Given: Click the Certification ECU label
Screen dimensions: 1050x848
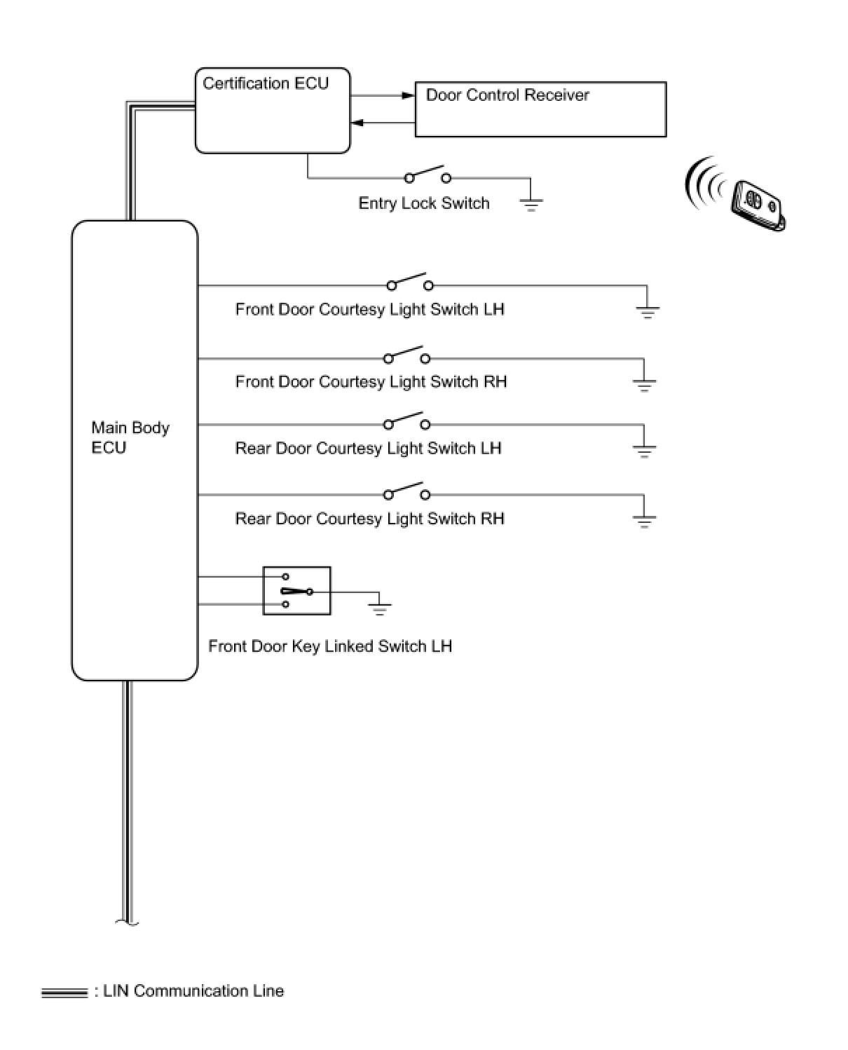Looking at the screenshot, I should (x=265, y=83).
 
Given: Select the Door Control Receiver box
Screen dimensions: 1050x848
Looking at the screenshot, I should (x=540, y=109).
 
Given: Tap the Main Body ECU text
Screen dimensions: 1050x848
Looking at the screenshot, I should (x=130, y=437).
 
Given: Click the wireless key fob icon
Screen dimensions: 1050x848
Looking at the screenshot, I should (x=756, y=203).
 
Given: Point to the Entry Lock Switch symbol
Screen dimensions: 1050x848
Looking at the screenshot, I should (x=428, y=175).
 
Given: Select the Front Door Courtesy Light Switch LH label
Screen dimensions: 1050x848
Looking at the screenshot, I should (x=369, y=310).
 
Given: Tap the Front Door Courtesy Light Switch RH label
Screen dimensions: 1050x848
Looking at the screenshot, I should (x=371, y=382).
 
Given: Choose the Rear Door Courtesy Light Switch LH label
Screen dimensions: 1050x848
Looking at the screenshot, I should (x=368, y=449).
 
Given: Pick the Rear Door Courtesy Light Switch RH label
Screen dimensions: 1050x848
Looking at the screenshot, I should (x=369, y=519).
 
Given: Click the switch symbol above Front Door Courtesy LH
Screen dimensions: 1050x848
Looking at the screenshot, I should (x=409, y=282).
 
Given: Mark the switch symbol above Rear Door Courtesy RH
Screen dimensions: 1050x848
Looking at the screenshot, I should (x=406, y=491).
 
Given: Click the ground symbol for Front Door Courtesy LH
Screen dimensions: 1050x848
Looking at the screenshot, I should (x=647, y=312).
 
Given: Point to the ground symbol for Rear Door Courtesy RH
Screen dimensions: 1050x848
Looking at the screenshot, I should (x=644, y=521).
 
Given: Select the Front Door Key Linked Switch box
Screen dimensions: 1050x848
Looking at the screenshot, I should (x=296, y=591).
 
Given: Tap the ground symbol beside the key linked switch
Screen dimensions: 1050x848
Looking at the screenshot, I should (x=380, y=608).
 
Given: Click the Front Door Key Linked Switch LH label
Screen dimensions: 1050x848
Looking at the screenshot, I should (x=330, y=646).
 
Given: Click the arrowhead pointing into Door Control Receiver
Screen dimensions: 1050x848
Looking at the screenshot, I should (x=409, y=95).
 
